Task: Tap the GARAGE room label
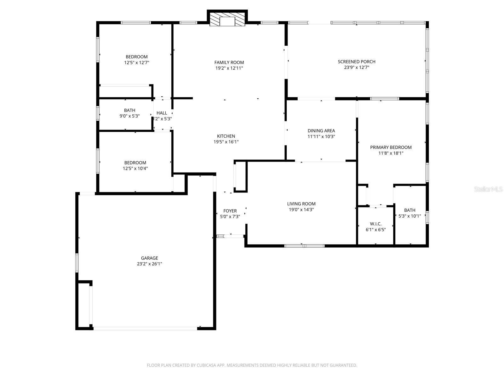tap(149, 258)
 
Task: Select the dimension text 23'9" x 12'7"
tap(357, 67)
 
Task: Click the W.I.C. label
tap(375, 224)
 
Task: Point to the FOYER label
tap(230, 211)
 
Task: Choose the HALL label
tap(162, 113)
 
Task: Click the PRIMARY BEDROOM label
tap(391, 147)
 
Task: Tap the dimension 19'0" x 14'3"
tap(301, 209)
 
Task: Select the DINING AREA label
tap(321, 130)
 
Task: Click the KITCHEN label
tap(226, 136)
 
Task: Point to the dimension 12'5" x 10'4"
tap(135, 169)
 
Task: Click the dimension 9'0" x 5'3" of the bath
tap(129, 116)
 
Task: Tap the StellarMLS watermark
tap(488, 189)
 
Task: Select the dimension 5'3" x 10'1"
tap(409, 216)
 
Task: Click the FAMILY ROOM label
tap(229, 62)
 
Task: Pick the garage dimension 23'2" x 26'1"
tap(149, 264)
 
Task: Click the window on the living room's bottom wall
tap(304, 246)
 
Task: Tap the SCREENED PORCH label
tap(357, 61)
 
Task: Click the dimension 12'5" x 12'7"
tap(136, 63)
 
